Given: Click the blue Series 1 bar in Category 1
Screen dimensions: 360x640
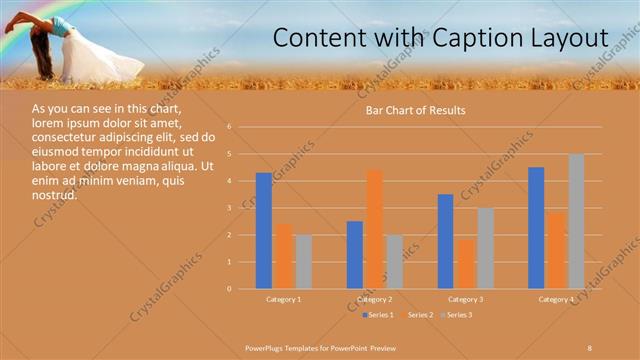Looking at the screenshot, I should tap(263, 231).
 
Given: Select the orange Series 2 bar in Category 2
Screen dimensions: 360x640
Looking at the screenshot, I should tap(374, 229).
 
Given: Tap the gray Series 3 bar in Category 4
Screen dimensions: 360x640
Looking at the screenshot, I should tap(576, 221).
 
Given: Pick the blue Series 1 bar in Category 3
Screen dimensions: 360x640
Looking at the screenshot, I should tap(445, 241).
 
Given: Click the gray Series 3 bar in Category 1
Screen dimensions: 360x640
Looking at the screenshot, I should tap(303, 262).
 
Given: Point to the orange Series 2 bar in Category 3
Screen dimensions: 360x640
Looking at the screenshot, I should tap(465, 264).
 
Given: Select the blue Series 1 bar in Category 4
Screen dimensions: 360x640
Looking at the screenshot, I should tap(536, 228).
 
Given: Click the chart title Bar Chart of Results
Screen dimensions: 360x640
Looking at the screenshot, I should tap(414, 110).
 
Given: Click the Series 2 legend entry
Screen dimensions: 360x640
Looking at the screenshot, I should tap(417, 315).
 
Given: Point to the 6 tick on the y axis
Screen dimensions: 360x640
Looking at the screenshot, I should tap(230, 127).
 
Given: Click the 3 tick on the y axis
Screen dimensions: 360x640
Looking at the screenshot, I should tap(230, 208).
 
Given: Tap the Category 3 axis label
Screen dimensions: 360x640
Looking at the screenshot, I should tap(465, 299).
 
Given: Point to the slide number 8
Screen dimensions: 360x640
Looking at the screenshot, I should tap(590, 346).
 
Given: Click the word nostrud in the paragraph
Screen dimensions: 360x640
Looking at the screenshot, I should tap(54, 196).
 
